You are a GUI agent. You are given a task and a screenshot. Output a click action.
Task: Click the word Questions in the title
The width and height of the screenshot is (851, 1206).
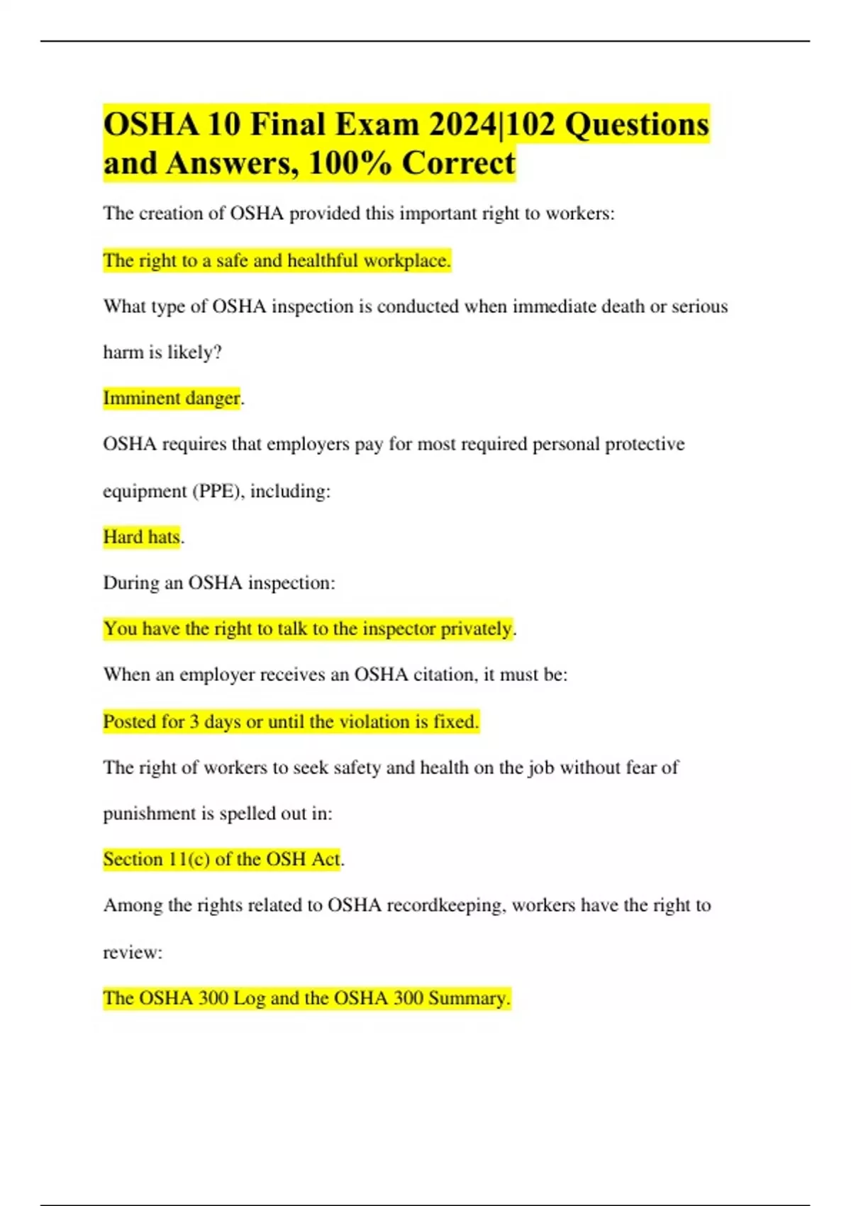[637, 125]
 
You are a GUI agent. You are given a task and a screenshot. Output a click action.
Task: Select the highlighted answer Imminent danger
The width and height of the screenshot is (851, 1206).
[172, 398]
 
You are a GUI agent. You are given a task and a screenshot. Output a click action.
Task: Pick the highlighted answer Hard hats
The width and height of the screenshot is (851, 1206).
[142, 537]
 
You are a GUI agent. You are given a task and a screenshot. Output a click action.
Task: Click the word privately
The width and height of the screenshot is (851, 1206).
[476, 629]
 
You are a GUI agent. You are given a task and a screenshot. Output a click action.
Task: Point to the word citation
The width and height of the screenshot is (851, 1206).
[445, 674]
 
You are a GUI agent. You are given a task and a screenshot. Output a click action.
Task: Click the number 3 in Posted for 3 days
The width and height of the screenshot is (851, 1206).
[194, 721]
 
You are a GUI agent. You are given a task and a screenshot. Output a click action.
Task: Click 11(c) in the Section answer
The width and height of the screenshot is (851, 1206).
[189, 859]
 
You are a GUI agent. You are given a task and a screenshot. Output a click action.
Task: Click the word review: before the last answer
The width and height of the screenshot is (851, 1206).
[133, 952]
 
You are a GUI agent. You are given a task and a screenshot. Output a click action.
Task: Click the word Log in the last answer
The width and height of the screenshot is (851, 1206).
[249, 998]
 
